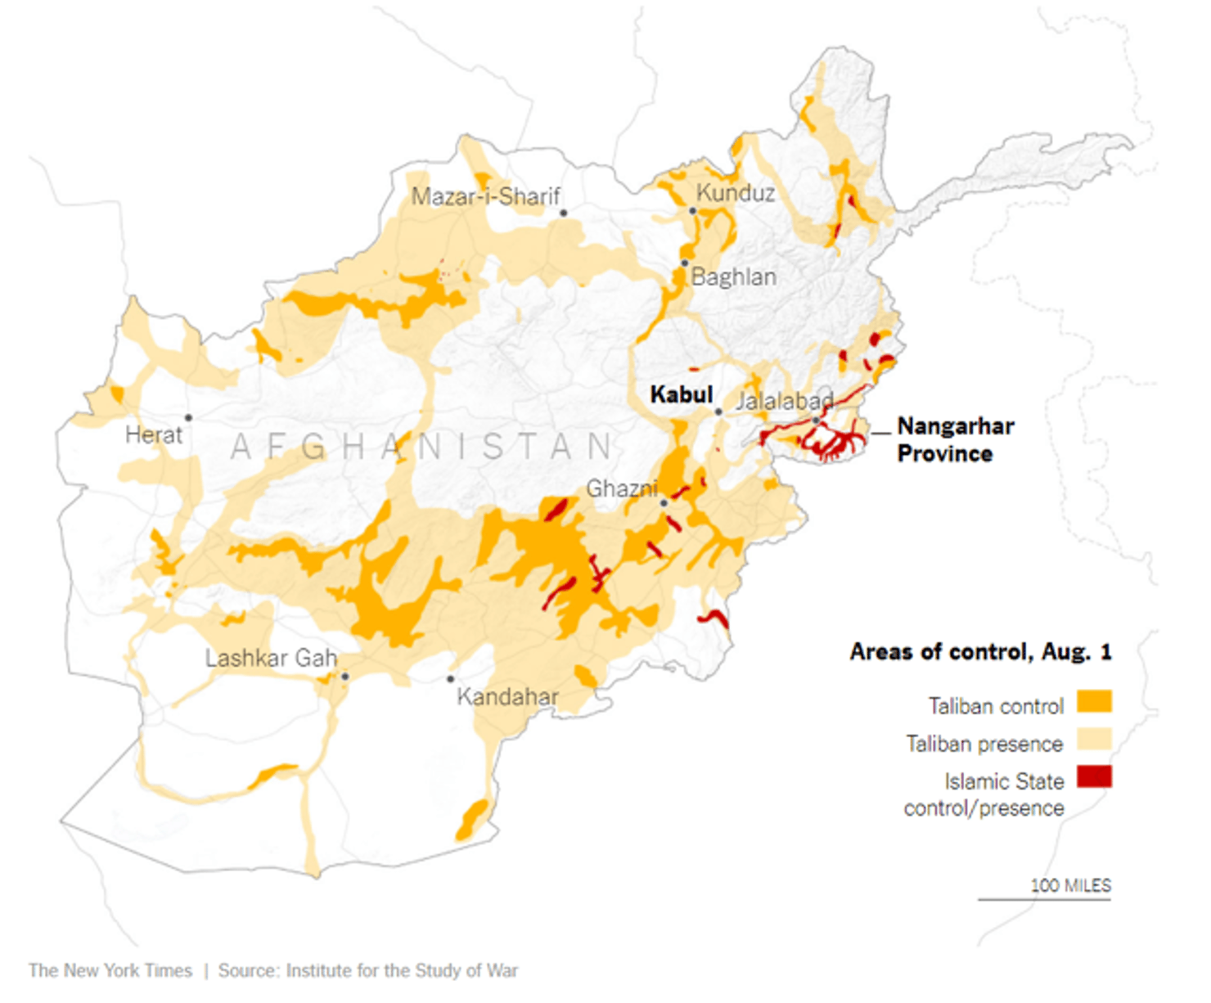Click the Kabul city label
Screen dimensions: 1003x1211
tap(681, 395)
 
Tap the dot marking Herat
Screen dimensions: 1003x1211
tap(188, 418)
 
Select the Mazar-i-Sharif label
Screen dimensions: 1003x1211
tap(485, 196)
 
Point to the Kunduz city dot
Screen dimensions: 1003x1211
tap(692, 211)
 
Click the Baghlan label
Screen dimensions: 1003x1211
tap(733, 277)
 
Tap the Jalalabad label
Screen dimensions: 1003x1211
tap(784, 402)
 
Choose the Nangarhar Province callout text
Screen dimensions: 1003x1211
tap(954, 439)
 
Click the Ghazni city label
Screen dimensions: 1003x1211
tap(621, 489)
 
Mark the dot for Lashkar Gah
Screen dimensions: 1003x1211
tap(345, 677)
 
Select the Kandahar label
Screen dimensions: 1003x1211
tap(507, 697)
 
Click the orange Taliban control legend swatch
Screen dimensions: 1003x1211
tap(1093, 702)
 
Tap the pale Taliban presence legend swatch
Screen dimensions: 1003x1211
tap(1093, 740)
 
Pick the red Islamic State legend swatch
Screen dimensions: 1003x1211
tap(1093, 776)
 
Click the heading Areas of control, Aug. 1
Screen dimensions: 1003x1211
tap(979, 652)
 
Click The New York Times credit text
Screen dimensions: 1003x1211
tap(110, 971)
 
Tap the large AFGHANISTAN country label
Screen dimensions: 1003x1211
tap(422, 448)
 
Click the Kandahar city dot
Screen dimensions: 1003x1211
tap(450, 679)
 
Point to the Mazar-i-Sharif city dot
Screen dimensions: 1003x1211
tap(563, 214)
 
